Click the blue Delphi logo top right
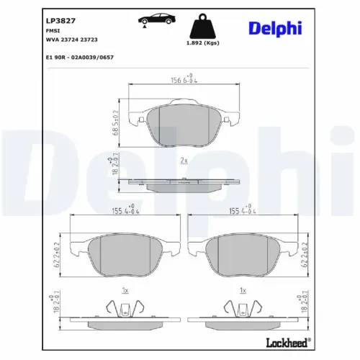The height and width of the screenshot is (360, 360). pos(276,27)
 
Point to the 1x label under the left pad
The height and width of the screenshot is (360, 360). pos(125,290)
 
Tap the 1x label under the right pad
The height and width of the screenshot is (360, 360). pos(243,290)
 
